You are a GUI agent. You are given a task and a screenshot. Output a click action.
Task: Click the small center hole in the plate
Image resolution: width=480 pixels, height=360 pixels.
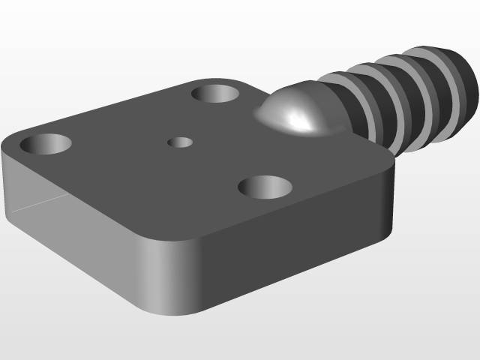click(180, 142)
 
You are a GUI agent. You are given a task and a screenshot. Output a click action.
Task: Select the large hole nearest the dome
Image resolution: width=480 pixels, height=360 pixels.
click(215, 94)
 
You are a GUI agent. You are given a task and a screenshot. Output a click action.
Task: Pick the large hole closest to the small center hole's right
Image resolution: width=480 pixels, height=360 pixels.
click(264, 187)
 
